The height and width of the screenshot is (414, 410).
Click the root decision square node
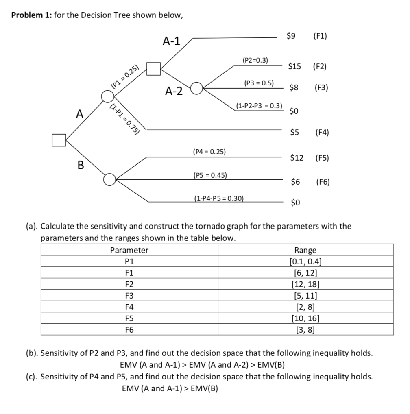point(59,139)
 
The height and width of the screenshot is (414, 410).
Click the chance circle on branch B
point(109,179)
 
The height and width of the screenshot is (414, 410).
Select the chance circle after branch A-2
point(196,88)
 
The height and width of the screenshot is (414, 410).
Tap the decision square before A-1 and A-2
point(153,69)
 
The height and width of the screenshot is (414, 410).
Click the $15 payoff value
point(294,66)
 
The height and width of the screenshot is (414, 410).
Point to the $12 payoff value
point(297,158)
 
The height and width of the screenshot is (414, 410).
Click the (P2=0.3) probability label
point(255,60)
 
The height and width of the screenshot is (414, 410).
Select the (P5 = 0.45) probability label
point(210,175)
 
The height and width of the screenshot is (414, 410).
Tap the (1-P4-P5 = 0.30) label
point(219,198)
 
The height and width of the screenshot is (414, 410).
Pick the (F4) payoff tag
point(322,132)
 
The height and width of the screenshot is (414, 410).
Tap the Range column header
point(305,250)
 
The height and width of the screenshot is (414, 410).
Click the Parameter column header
point(129,250)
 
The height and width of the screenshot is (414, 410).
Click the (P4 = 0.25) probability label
point(209,152)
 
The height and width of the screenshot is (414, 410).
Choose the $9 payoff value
point(291,36)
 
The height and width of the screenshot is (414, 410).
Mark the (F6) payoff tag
point(322,182)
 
